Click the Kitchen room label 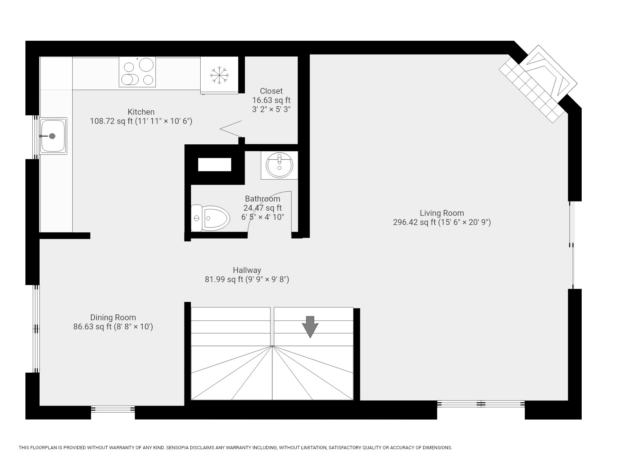141,112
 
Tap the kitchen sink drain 52,136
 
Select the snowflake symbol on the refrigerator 219,75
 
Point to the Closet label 271,91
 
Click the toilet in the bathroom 211,218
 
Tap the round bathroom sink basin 279,165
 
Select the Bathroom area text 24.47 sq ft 263,208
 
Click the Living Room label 442,213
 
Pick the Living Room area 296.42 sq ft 414,222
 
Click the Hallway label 247,270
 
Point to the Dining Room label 113,318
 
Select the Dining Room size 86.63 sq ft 92,327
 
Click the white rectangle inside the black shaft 215,165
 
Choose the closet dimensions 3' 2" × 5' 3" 271,109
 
